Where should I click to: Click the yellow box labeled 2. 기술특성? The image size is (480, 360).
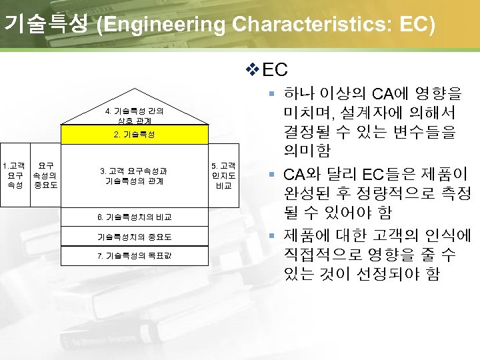(x=134, y=134)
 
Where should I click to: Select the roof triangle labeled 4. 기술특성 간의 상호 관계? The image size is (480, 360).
(x=134, y=111)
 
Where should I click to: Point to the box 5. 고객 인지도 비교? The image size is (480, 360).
(x=223, y=175)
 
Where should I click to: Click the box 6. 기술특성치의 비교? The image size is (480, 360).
(x=134, y=217)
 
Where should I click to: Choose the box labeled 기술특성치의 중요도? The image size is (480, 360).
(x=134, y=237)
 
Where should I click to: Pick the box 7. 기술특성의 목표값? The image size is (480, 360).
(x=134, y=256)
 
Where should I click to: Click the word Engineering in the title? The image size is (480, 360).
(x=161, y=25)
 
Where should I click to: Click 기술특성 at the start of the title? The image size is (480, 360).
(x=45, y=25)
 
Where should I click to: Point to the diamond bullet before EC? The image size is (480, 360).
(x=251, y=69)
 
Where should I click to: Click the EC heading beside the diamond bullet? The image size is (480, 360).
(x=275, y=69)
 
